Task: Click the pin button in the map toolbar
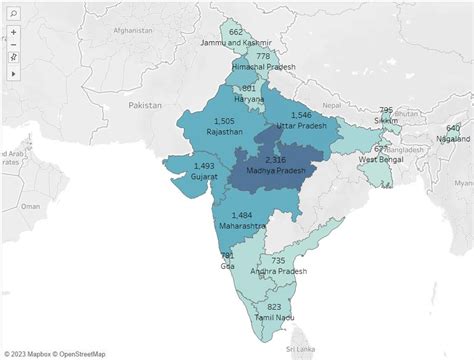(13, 58)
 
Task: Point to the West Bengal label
(381, 159)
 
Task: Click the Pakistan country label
(144, 104)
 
